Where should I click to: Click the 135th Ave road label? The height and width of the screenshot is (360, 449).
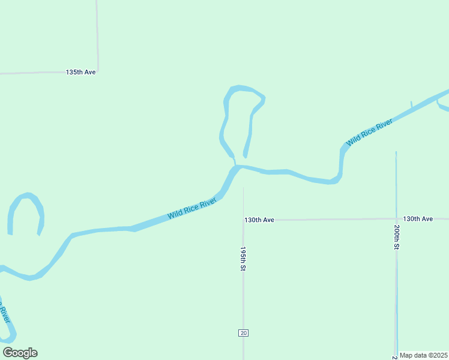point(80,72)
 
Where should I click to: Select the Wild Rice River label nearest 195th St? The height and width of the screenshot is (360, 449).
point(191,209)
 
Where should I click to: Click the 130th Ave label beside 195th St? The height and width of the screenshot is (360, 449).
point(259,220)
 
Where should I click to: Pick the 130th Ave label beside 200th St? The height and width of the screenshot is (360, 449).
point(418,219)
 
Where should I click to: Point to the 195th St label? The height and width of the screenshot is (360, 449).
point(243,259)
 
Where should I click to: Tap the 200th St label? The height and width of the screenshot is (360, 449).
point(397,237)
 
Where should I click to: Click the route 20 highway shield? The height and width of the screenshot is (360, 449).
point(243,333)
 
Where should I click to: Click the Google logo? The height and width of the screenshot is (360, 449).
point(20,353)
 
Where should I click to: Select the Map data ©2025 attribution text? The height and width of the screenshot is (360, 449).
point(423,355)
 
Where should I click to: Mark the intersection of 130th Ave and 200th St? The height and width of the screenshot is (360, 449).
point(396,220)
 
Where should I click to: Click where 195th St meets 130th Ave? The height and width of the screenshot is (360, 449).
point(243,220)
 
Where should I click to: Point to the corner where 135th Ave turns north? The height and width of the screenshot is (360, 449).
point(98,71)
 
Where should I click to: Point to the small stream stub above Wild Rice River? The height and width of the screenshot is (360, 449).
point(411,105)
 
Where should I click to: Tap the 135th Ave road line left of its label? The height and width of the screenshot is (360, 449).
point(30,73)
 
